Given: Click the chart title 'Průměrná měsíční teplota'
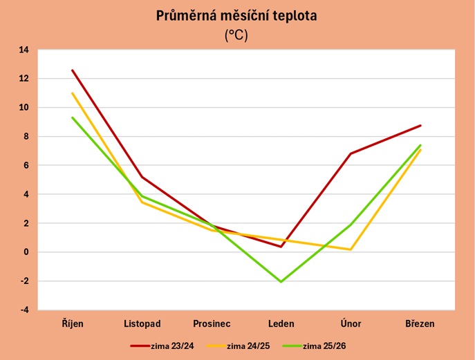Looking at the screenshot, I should coord(236,16).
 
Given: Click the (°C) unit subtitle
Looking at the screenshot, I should coord(236,36).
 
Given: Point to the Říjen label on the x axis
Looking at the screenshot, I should coord(72,323).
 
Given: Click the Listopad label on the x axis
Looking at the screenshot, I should coord(142,323).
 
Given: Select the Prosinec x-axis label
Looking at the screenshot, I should coord(212,323).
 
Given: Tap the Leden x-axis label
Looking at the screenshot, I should coord(281,323).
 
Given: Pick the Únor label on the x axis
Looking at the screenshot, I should coord(351,323).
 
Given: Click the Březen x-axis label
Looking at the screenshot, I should coord(420,323).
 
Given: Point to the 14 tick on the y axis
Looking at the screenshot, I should coord(24,50).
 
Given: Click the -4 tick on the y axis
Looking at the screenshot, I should coord(24,310).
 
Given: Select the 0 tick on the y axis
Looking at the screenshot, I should coord(26,252).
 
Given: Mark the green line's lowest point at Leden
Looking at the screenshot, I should coord(281,282).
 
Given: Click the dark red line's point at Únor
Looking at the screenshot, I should coord(351,153).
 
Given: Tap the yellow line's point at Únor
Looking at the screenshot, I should coord(351,249).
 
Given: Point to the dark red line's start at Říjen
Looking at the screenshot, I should coord(72,70).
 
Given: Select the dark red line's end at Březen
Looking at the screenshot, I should coord(420,126).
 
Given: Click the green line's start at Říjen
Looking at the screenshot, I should coord(72,117).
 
